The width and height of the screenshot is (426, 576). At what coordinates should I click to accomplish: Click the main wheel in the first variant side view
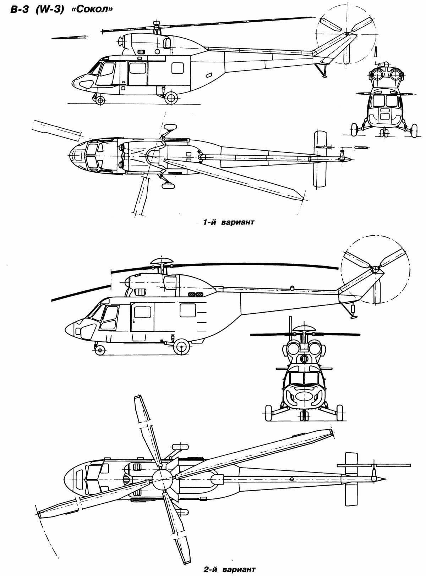coord(171,97)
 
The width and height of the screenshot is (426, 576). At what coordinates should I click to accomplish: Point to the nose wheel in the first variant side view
coord(100,101)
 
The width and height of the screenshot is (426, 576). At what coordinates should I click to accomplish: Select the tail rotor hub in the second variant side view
coord(375,270)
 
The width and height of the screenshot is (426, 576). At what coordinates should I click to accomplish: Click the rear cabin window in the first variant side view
coord(177,67)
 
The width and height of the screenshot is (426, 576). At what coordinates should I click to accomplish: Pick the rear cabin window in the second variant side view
coord(188,311)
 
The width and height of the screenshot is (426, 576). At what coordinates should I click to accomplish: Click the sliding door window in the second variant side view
coord(142,313)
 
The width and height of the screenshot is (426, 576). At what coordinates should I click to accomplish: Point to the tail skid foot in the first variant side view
coord(324,76)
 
